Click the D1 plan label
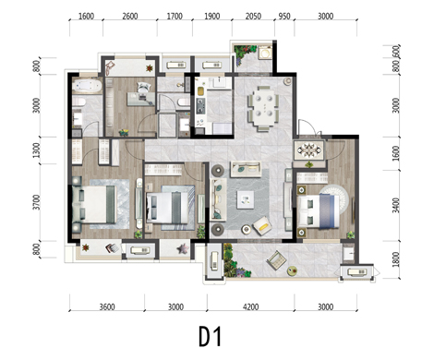(210, 336)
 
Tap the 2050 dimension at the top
(253, 16)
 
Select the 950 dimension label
(284, 16)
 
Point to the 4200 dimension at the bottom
(250, 306)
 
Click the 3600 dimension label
(107, 306)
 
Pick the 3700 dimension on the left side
(37, 202)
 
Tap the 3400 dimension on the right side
(396, 205)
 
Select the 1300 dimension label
(37, 150)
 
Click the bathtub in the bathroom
(87, 86)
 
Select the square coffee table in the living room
(246, 200)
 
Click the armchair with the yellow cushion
(262, 225)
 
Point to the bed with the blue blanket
(318, 210)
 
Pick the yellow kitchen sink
(200, 91)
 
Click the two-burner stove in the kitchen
(200, 106)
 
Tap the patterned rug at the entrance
(309, 150)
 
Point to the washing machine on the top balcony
(264, 53)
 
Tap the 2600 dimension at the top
(130, 16)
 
